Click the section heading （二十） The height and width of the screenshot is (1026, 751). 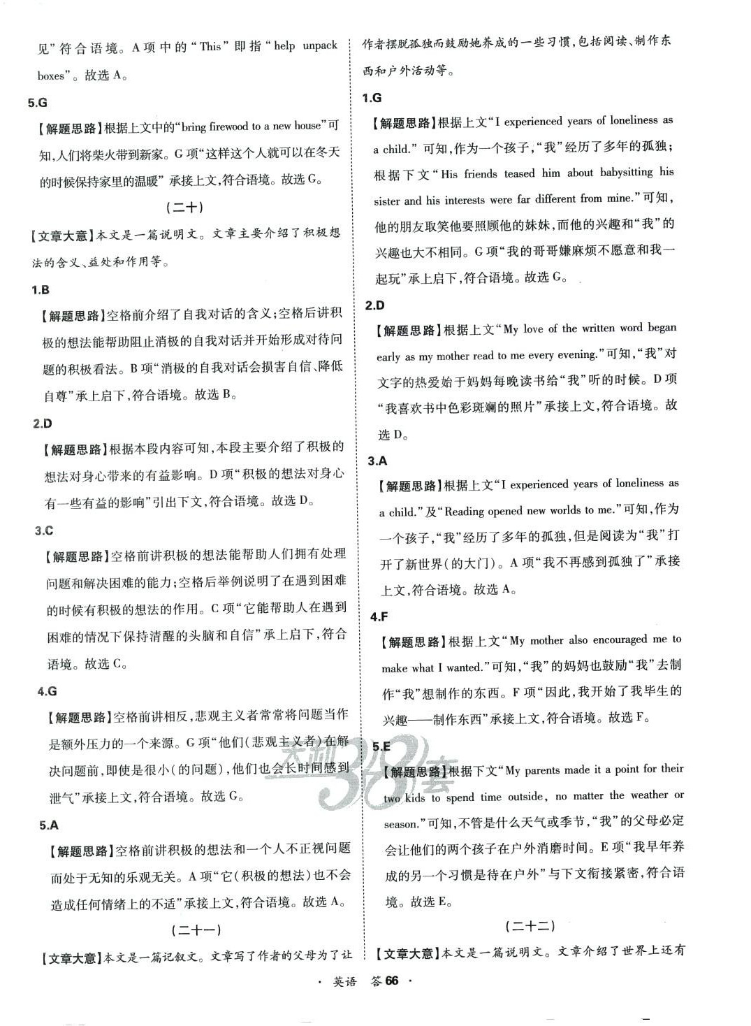click(x=184, y=208)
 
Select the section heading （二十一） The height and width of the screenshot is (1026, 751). click(x=196, y=930)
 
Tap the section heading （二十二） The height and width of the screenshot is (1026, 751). click(x=530, y=926)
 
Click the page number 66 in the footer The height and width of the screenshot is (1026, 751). click(x=391, y=981)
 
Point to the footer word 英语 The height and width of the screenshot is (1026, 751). click(x=344, y=982)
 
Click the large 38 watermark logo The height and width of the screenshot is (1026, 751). click(x=353, y=769)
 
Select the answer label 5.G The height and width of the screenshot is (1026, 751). click(x=38, y=103)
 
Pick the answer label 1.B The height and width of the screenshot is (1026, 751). click(x=41, y=290)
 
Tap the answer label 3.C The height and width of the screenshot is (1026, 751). click(x=44, y=531)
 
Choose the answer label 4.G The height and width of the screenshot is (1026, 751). click(x=47, y=691)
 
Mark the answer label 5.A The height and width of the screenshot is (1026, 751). click(x=49, y=825)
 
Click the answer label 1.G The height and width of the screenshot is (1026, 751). click(x=372, y=98)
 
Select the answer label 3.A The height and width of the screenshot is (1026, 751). click(x=377, y=461)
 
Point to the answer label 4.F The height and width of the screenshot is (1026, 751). click(x=379, y=616)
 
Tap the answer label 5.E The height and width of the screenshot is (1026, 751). click(x=381, y=746)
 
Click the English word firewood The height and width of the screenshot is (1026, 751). click(x=228, y=127)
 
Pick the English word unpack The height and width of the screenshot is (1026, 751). click(x=320, y=46)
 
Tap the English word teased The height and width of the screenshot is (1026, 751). click(x=519, y=173)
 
